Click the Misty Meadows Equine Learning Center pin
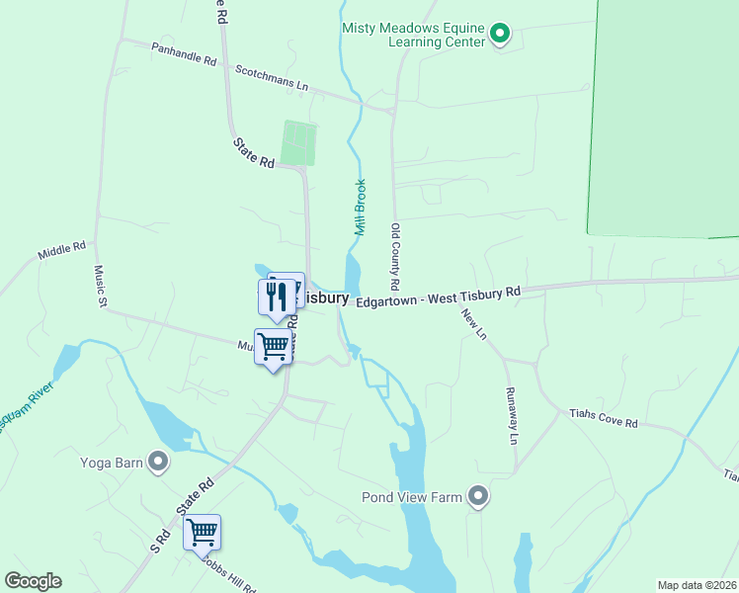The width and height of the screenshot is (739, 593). pyautogui.click(x=500, y=36)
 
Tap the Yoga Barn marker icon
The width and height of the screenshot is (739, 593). pyautogui.click(x=157, y=462)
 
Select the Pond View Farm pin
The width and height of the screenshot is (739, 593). pyautogui.click(x=478, y=496)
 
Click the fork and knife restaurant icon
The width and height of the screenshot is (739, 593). pyautogui.click(x=276, y=297)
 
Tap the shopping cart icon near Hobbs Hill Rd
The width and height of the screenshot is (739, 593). pyautogui.click(x=202, y=532)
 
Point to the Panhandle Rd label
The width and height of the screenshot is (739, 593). pyautogui.click(x=184, y=53)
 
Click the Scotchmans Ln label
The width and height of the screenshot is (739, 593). pyautogui.click(x=272, y=78)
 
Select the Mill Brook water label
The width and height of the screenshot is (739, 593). pyautogui.click(x=360, y=207)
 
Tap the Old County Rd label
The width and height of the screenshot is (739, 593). pyautogui.click(x=395, y=256)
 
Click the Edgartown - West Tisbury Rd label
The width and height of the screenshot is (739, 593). pyautogui.click(x=438, y=296)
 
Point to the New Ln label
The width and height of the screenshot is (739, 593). pyautogui.click(x=474, y=323)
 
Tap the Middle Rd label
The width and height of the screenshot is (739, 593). pyautogui.click(x=62, y=251)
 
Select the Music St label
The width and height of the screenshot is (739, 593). pyautogui.click(x=100, y=287)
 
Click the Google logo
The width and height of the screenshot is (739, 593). pyautogui.click(x=33, y=581)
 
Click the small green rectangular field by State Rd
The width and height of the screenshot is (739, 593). pyautogui.click(x=297, y=143)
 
